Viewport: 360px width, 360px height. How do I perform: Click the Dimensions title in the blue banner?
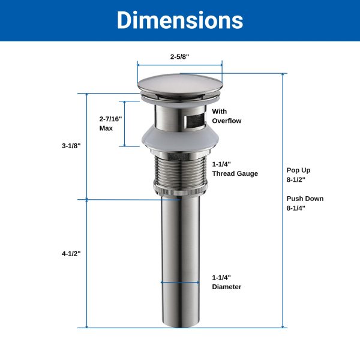[180, 20]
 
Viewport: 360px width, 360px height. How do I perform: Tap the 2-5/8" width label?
[179, 56]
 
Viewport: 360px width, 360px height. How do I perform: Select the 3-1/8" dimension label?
[71, 146]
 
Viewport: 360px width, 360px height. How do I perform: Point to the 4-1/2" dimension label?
[71, 254]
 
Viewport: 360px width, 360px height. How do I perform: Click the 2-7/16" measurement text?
[110, 119]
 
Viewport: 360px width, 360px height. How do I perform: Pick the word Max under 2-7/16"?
[106, 128]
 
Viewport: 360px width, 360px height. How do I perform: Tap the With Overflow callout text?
[227, 116]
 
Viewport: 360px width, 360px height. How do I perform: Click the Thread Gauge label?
[235, 173]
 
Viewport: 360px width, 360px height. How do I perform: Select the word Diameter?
[227, 287]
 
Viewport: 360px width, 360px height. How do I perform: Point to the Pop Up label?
[298, 170]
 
